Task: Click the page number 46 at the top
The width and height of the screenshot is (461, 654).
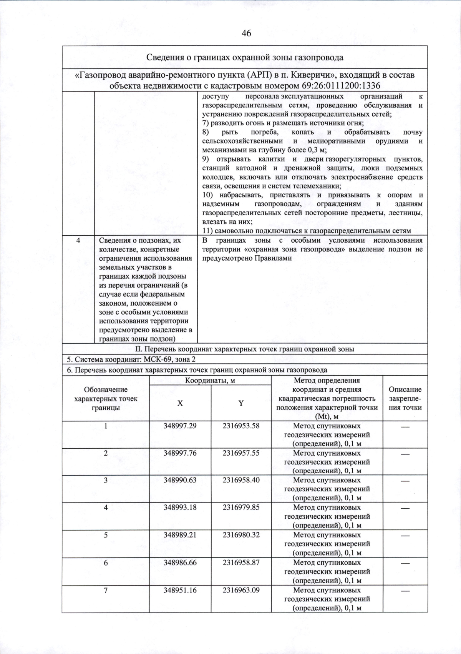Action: (246, 33)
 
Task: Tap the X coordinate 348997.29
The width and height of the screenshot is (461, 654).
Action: (180, 426)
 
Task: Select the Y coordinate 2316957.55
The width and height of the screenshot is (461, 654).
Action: (241, 453)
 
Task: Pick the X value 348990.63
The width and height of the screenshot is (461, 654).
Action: (180, 480)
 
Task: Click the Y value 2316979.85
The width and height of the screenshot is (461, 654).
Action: (241, 507)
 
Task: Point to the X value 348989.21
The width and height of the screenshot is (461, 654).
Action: (180, 535)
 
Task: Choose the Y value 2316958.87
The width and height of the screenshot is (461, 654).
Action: (241, 562)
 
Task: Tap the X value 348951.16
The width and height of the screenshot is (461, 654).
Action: (180, 590)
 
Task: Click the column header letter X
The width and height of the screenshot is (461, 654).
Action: (180, 403)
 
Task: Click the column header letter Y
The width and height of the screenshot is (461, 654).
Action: (241, 403)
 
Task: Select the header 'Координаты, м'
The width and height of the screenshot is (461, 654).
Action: (210, 380)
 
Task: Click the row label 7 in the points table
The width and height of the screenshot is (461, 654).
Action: (105, 590)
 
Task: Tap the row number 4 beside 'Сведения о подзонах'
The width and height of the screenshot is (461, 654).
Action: (78, 240)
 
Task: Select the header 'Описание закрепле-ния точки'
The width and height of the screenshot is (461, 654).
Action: (405, 398)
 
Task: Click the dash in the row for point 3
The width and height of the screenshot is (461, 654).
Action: (405, 481)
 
